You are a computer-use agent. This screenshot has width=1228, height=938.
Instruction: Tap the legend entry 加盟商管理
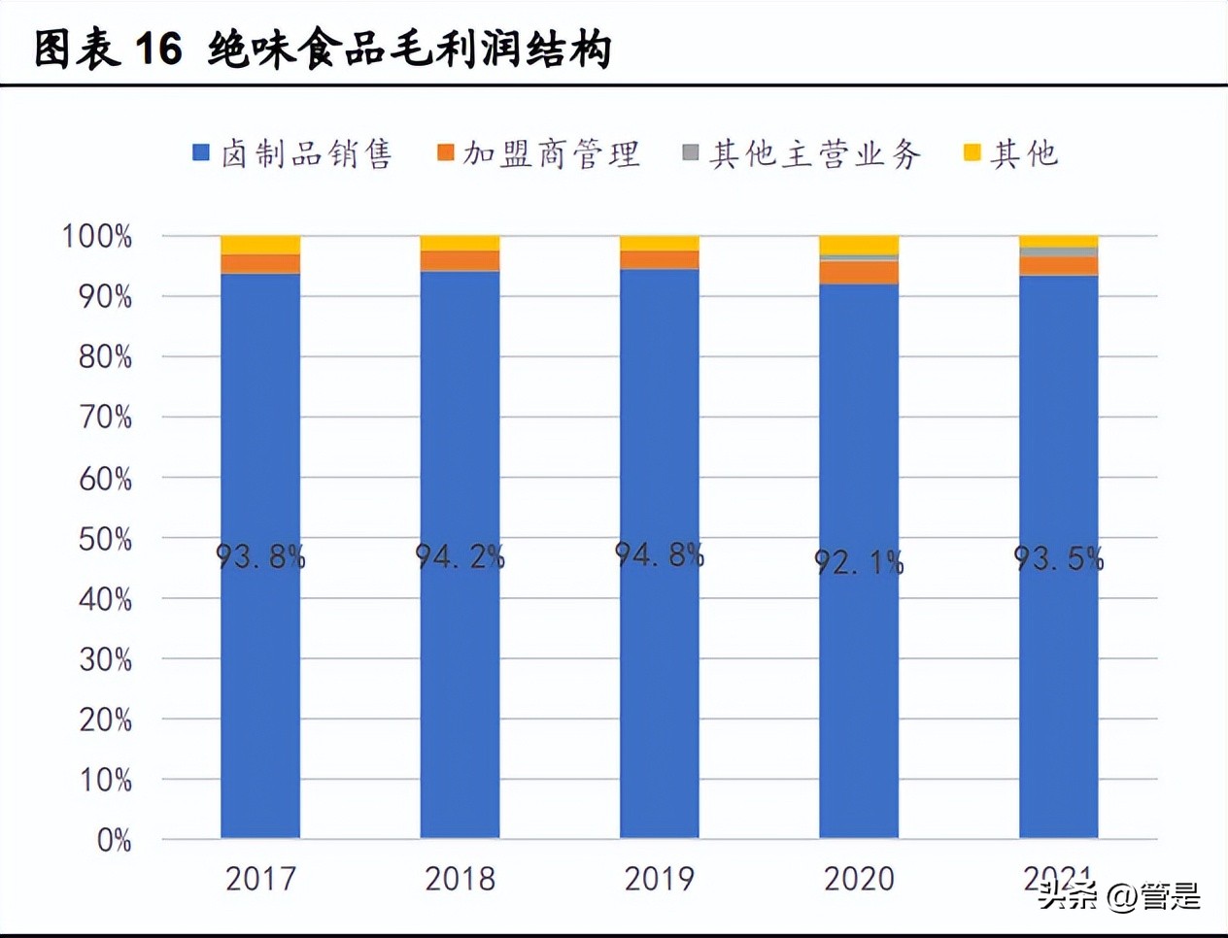539,153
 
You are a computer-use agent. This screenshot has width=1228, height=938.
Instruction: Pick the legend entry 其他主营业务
802,153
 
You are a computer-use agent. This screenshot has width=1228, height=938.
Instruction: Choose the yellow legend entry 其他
1011,153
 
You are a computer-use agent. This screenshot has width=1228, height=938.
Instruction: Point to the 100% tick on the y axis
97,236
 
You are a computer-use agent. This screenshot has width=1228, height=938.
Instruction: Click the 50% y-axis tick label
105,539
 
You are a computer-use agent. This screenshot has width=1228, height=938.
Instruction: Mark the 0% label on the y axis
114,840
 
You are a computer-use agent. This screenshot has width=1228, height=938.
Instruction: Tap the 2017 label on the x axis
260,879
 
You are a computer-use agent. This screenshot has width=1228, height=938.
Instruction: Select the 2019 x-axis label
659,879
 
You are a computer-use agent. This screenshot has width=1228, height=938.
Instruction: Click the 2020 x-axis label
859,879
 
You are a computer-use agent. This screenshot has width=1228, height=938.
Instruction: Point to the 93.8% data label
260,556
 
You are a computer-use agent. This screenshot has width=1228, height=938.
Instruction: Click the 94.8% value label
659,554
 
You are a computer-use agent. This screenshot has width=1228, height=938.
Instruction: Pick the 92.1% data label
859,561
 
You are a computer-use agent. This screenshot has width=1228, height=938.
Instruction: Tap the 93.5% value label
1058,558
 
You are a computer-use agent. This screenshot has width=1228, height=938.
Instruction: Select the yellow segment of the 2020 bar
859,245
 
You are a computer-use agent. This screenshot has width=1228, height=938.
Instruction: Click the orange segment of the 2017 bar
260,264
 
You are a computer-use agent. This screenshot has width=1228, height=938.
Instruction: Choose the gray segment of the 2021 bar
1058,252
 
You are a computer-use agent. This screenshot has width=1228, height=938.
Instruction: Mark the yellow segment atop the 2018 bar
460,243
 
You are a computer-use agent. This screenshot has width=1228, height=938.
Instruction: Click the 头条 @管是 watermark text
1119,895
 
